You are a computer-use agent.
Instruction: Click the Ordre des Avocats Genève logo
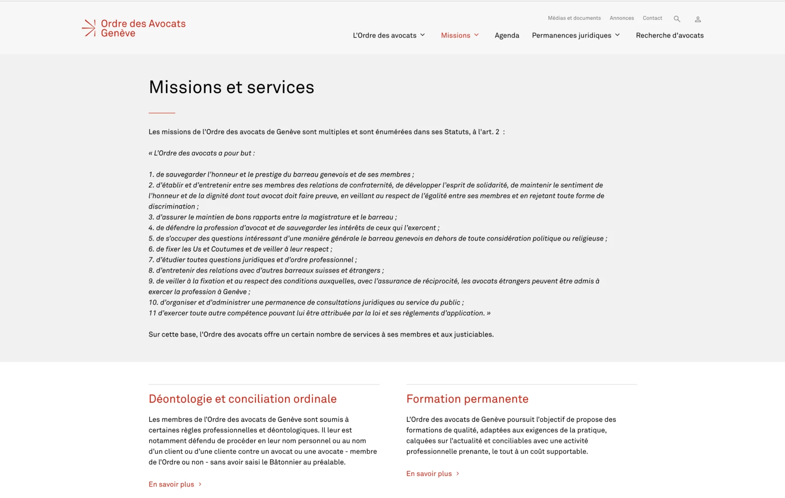(x=133, y=28)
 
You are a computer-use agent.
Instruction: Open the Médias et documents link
(x=574, y=18)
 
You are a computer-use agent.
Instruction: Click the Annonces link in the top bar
(x=622, y=18)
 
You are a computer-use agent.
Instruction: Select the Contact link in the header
(x=652, y=18)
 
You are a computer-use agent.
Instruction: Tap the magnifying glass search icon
(x=677, y=19)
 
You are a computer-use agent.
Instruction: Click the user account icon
(x=698, y=19)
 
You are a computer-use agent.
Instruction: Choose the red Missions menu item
(x=456, y=35)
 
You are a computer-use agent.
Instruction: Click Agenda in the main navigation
(x=507, y=35)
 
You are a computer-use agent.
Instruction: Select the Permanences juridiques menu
(x=571, y=35)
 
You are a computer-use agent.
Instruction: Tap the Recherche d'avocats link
(x=669, y=35)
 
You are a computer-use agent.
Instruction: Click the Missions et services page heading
(x=231, y=87)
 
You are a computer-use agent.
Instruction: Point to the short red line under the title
(x=162, y=113)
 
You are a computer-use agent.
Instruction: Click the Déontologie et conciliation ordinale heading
(x=243, y=399)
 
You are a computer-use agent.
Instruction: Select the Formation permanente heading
(x=467, y=399)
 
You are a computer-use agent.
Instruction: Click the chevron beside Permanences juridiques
(x=618, y=35)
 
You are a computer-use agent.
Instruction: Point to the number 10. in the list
(x=153, y=302)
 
